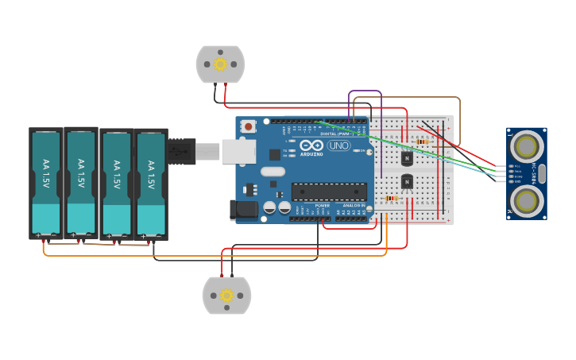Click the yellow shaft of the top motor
(x=221, y=64)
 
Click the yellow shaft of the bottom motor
(x=226, y=296)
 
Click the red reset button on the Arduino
(x=249, y=126)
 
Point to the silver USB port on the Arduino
(x=238, y=151)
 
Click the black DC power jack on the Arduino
(x=243, y=210)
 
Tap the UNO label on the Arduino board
(x=339, y=146)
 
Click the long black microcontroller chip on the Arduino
(x=329, y=192)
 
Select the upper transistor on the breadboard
(x=407, y=157)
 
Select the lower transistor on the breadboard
(x=407, y=182)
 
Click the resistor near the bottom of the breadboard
(x=391, y=198)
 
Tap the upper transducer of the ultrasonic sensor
(x=526, y=146)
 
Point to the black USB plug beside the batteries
(x=181, y=151)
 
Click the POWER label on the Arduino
(x=322, y=205)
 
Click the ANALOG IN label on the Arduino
(x=354, y=205)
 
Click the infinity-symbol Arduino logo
(x=311, y=146)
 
